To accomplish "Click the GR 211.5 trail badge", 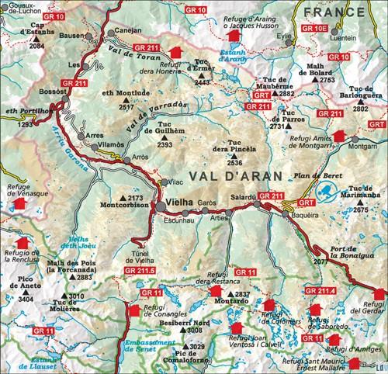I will click(147, 269).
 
